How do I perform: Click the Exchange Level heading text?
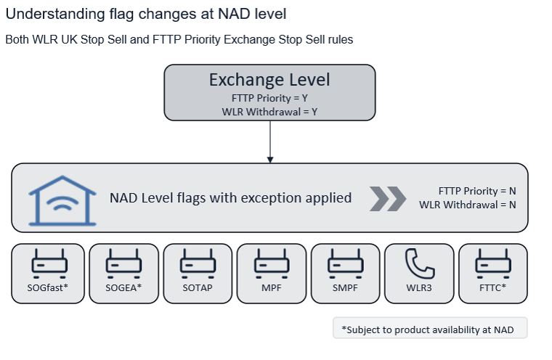(269, 80)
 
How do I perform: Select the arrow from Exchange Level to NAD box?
(270, 142)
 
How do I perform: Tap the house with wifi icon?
(62, 200)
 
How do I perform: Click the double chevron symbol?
(388, 199)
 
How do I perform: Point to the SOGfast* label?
(47, 287)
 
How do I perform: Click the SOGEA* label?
(123, 287)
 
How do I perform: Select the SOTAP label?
(198, 287)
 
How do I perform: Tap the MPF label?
(272, 287)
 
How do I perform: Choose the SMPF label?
(345, 287)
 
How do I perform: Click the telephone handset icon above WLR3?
(420, 263)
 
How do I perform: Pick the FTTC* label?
(492, 287)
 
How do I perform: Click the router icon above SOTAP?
(198, 263)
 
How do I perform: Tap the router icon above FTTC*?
(493, 263)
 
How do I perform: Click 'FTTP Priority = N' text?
(477, 191)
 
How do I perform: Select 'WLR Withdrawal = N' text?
(468, 205)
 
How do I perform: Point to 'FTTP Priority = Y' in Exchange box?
(269, 98)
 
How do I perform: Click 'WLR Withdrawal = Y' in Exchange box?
(269, 112)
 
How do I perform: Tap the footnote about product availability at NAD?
(428, 330)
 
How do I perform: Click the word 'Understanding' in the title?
(55, 15)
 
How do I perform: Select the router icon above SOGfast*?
(49, 263)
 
